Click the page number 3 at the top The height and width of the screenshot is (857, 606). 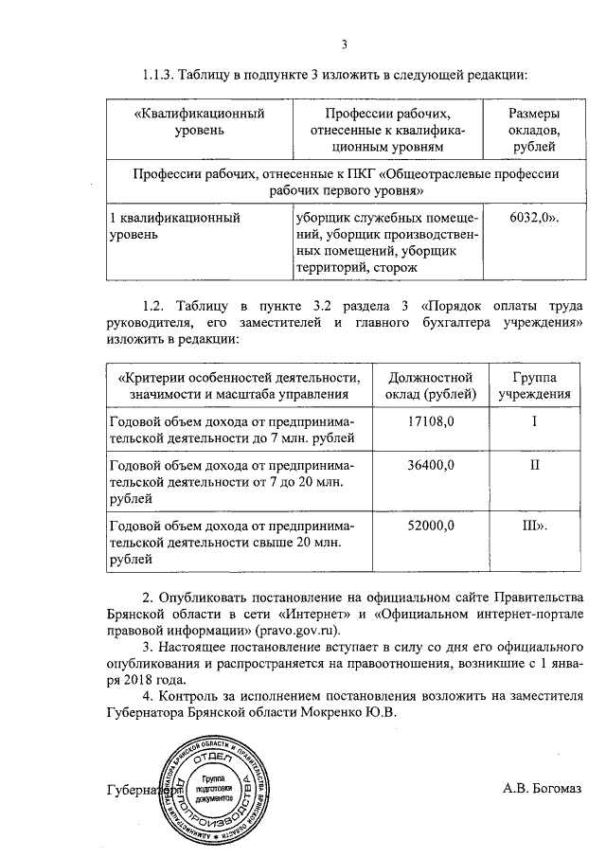tap(345, 44)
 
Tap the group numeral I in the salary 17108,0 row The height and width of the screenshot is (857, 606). tap(534, 420)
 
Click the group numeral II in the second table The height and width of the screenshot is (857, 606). tap(534, 464)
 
